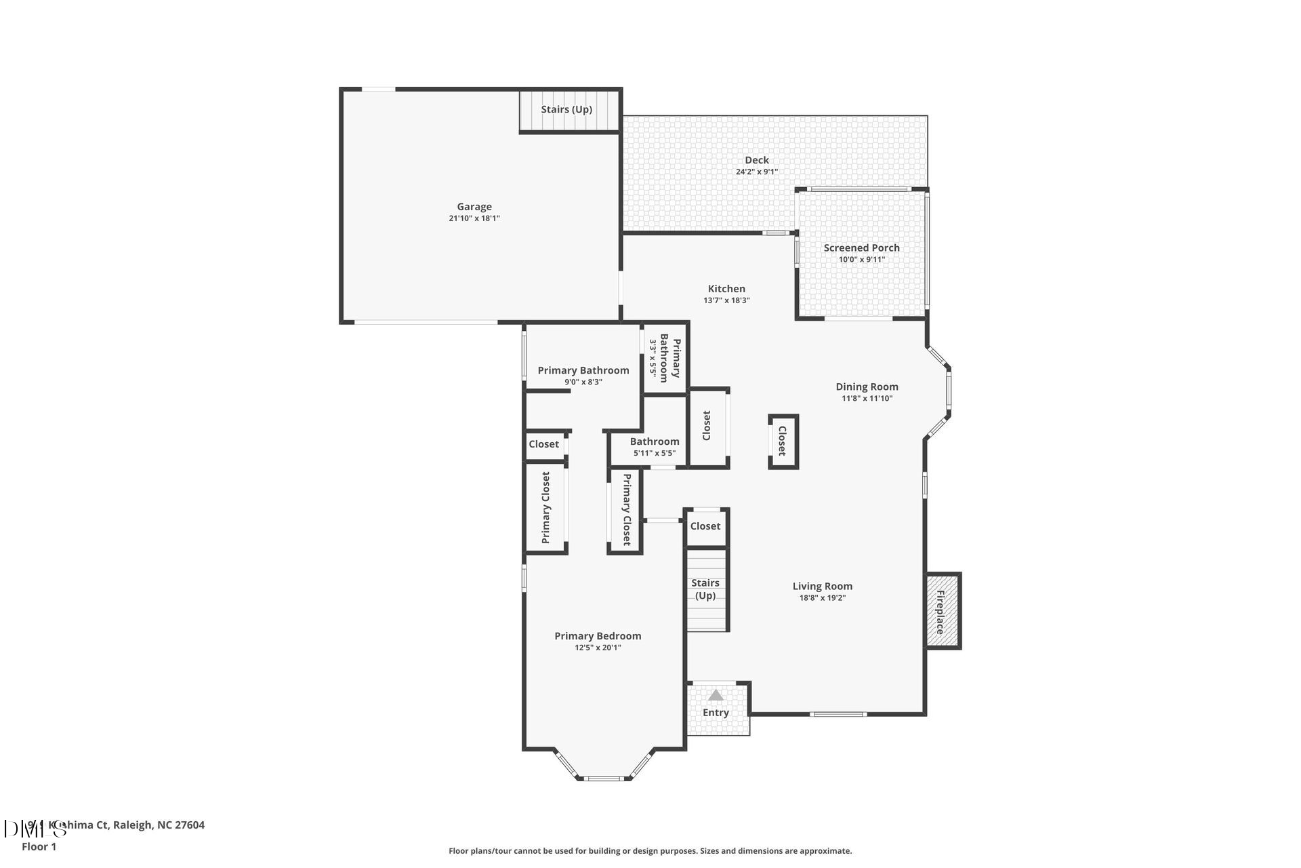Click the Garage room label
[x=474, y=207]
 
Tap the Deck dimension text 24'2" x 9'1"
[x=756, y=172]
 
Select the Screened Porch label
[x=861, y=248]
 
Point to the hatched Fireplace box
[x=943, y=612]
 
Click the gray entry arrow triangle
[x=716, y=696]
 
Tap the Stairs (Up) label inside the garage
[x=566, y=110]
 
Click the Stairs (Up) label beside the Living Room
[x=705, y=589]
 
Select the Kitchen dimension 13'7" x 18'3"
[x=726, y=300]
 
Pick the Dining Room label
[x=867, y=387]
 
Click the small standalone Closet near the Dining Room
[x=782, y=441]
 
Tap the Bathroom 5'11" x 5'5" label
[x=655, y=446]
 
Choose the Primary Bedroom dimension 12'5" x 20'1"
[x=598, y=648]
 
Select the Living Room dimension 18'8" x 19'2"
[x=823, y=598]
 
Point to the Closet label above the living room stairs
[x=705, y=526]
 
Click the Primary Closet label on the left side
[x=546, y=507]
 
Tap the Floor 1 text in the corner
[x=39, y=847]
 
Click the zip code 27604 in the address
[x=190, y=825]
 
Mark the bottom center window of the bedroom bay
[x=604, y=778]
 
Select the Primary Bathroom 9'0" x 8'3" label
[x=583, y=375]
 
